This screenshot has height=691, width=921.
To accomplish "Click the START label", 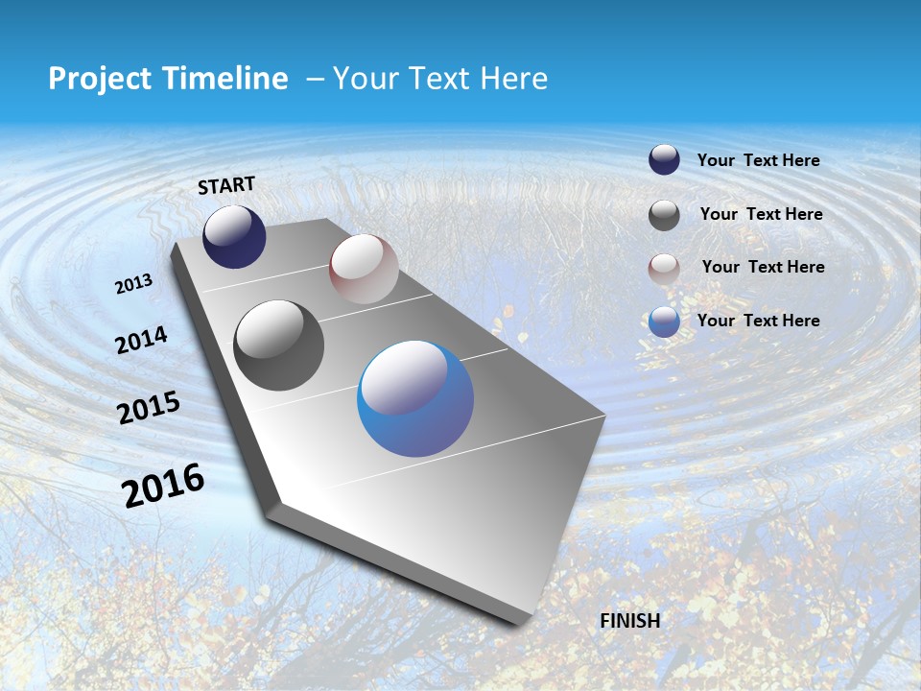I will click(x=226, y=185).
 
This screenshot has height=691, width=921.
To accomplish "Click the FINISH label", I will click(x=630, y=621).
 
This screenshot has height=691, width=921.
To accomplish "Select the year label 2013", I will click(x=133, y=284).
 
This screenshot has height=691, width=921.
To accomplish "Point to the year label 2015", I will click(x=149, y=408).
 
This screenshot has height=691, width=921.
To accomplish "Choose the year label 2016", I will click(x=163, y=486).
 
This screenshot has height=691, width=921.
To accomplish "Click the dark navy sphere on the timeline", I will click(x=234, y=236).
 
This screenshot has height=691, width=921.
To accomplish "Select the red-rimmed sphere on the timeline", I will click(x=364, y=269).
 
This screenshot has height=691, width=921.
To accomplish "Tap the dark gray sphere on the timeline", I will click(x=279, y=345).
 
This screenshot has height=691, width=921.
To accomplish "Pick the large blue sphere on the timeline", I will click(x=415, y=398).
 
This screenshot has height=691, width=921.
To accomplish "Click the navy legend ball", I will click(x=664, y=160).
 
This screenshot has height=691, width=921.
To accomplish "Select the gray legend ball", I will click(x=664, y=215).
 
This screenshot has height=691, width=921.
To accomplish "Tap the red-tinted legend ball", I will click(x=664, y=269).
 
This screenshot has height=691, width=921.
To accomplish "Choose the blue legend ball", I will click(x=664, y=322).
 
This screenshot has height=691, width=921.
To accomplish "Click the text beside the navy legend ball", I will click(x=758, y=160).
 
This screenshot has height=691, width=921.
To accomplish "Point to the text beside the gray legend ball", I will click(x=761, y=214).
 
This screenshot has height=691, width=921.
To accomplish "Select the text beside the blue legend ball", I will click(x=758, y=321).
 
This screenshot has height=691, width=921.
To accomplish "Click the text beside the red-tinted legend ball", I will click(x=763, y=267).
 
